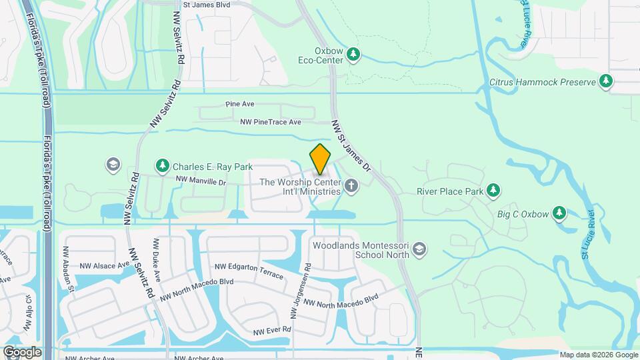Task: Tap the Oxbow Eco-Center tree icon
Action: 354,55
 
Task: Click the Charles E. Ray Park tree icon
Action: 162,165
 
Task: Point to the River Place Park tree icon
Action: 493,191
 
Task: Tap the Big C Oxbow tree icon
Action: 559,214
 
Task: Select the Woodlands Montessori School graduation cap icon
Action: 419,249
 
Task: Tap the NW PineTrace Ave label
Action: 271,122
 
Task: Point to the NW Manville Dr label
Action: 201,181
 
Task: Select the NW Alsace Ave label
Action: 105,265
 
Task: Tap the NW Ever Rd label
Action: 272,331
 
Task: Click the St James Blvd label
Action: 206,5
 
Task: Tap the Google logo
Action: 21,352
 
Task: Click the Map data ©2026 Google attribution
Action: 598,355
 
